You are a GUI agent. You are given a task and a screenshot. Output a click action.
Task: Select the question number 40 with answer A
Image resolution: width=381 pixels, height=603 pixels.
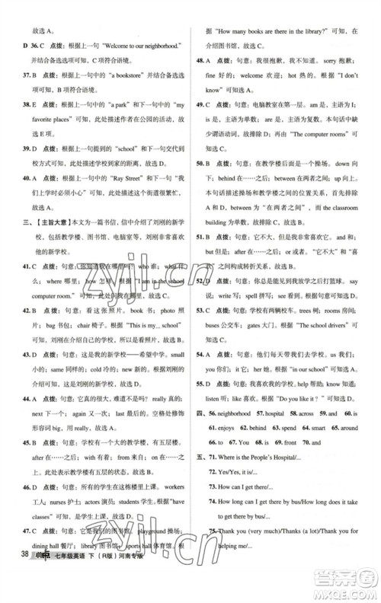tap(27, 176)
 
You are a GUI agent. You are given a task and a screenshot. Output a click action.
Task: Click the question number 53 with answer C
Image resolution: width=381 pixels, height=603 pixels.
tap(201, 292)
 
